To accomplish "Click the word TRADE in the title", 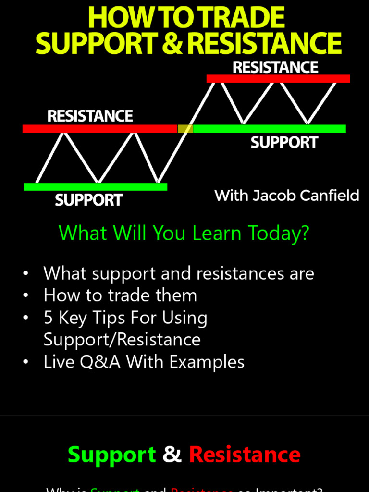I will click(x=243, y=18).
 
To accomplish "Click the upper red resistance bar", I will click(x=278, y=78).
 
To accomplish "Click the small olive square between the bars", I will click(x=185, y=128).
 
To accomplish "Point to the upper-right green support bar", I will click(x=269, y=128).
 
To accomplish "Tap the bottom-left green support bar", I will click(x=95, y=186).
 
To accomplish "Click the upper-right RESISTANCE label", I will click(x=275, y=67).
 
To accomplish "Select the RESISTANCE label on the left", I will click(x=90, y=116).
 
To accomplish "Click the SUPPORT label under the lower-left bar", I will click(x=88, y=200).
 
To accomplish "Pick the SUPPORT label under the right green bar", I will click(x=284, y=142).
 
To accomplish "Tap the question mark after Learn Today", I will click(x=303, y=233).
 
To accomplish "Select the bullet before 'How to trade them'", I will click(x=25, y=296).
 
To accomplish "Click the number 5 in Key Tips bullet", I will click(x=48, y=318).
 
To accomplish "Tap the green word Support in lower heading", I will click(x=111, y=454).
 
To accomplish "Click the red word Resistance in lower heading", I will click(x=245, y=454).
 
